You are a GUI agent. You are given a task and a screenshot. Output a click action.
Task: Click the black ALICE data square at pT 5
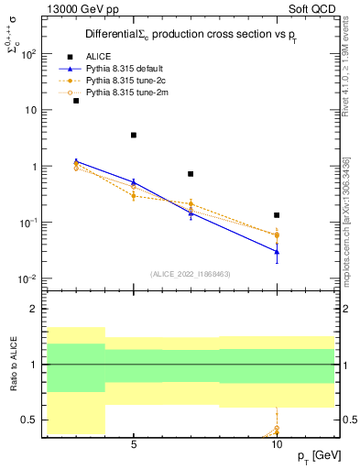134,136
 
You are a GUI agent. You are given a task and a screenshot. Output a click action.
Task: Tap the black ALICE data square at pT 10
277,215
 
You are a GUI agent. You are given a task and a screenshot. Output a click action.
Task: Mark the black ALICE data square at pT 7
191,174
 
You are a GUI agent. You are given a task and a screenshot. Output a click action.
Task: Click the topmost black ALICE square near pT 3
76,101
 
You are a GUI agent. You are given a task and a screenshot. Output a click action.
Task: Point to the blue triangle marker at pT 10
277,251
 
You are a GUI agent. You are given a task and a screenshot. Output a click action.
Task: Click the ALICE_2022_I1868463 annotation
191,273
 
